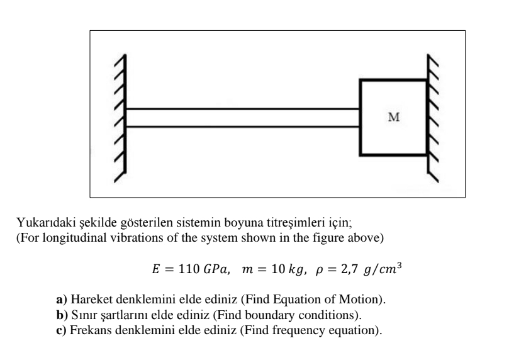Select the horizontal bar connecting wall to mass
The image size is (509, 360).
coord(242,118)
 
